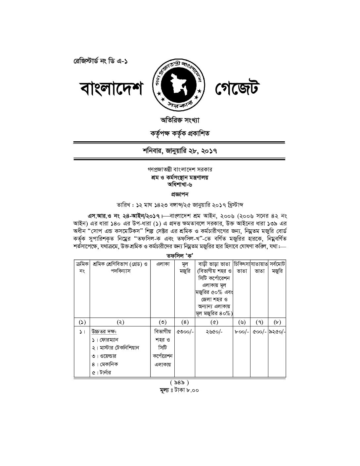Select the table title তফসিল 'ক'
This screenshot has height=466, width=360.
(x=180, y=256)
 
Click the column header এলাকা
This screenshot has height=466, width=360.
(x=163, y=264)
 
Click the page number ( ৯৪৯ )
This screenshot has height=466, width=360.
(x=179, y=383)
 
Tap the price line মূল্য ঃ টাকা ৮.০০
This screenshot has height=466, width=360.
(x=179, y=390)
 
